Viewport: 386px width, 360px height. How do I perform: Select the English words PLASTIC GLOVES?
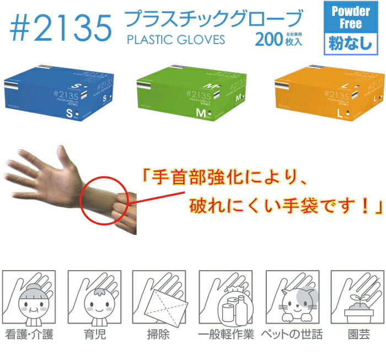pos(175,40)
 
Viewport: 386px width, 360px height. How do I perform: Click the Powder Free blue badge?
pos(351,18)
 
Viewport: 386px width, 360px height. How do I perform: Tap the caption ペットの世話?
pos(291,335)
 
